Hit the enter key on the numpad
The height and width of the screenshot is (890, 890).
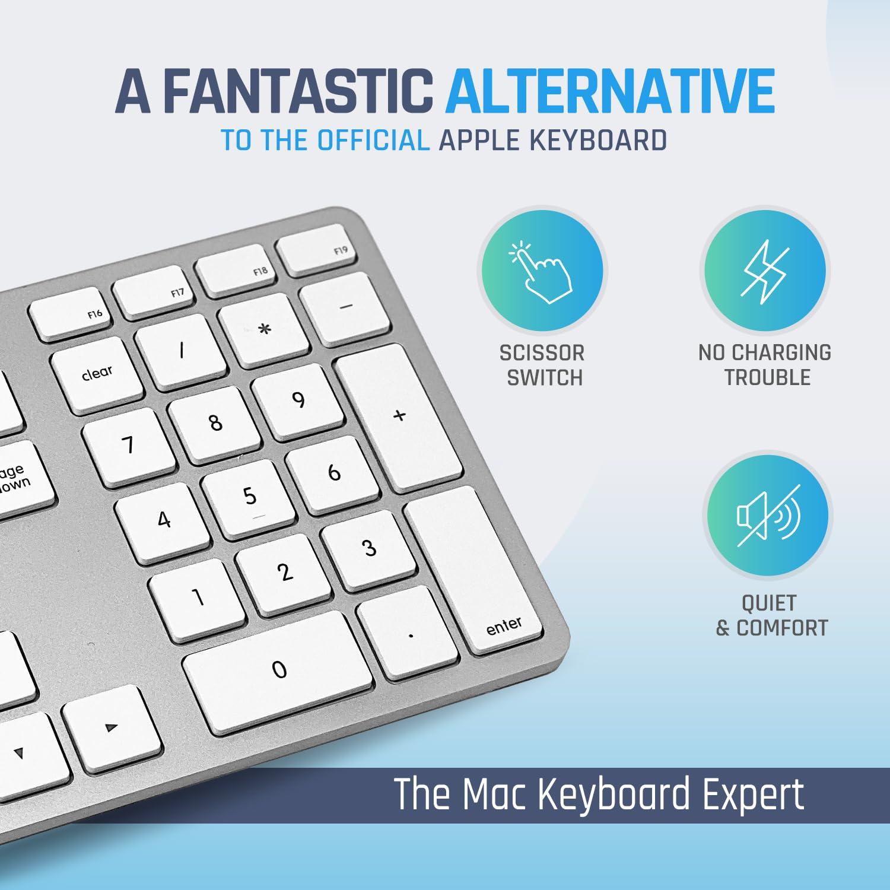[475, 570]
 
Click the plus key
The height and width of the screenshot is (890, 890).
[399, 417]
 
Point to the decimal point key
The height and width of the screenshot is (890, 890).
[409, 634]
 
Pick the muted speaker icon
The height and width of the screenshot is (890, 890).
[768, 515]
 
